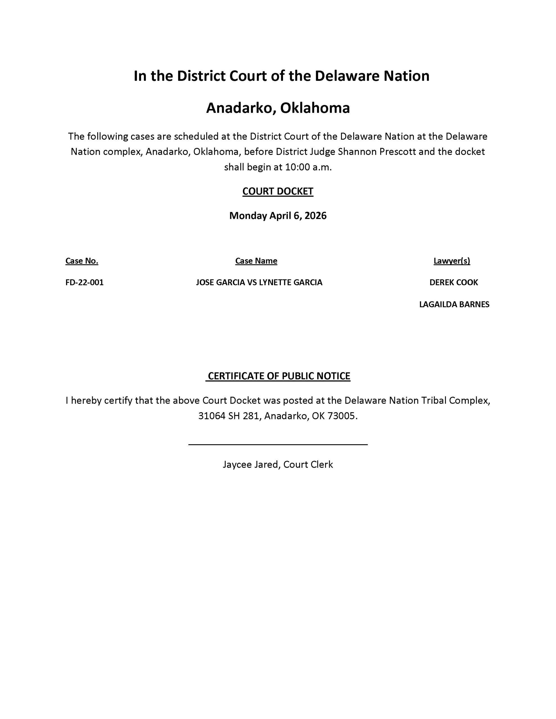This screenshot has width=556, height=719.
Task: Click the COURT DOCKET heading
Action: (277, 191)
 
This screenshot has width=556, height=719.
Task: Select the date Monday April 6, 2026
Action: (277, 216)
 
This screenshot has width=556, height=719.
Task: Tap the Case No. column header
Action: (82, 261)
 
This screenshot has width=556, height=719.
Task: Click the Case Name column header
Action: (256, 261)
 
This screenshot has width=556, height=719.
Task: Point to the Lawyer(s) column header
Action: (451, 261)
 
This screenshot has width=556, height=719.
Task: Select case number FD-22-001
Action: (84, 283)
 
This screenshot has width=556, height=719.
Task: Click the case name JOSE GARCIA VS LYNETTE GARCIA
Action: (259, 283)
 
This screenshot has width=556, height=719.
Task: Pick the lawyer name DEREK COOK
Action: (453, 283)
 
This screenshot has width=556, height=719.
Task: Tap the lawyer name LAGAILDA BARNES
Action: (454, 304)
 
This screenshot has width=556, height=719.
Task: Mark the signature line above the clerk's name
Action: (278, 444)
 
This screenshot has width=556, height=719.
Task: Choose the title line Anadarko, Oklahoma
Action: (278, 108)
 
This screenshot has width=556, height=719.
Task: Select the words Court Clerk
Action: (308, 465)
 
